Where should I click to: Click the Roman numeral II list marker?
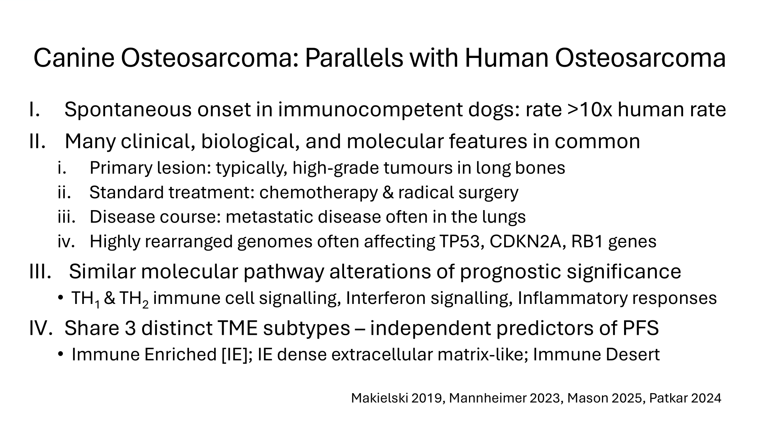(x=37, y=141)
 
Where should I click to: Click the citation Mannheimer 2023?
(x=505, y=398)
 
